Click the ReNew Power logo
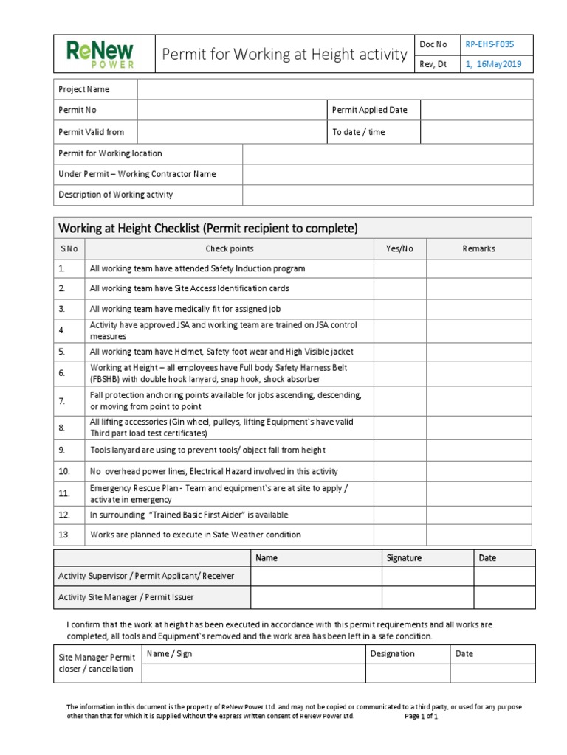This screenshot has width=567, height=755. click(x=100, y=55)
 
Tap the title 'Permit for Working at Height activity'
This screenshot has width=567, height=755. click(x=284, y=55)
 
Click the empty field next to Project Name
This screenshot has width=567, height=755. click(x=334, y=89)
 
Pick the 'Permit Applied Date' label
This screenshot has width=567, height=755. click(x=370, y=111)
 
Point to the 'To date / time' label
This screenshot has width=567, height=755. click(x=359, y=132)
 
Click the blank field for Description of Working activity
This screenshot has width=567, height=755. click(x=388, y=195)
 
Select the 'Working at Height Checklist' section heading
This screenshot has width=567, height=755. click(x=207, y=228)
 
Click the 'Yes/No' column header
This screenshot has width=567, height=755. click(x=399, y=249)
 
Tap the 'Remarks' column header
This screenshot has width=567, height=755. click(x=478, y=249)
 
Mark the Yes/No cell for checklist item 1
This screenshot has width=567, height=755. click(x=399, y=269)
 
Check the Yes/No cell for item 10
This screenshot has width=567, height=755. click(x=399, y=471)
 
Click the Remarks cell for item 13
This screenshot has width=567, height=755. click(x=478, y=535)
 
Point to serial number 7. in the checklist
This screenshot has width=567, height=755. click(x=63, y=400)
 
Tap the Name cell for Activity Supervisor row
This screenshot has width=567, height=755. click(x=315, y=576)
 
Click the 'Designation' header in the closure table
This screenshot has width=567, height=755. click(x=393, y=653)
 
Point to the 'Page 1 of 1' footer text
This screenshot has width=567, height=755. click(x=422, y=716)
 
